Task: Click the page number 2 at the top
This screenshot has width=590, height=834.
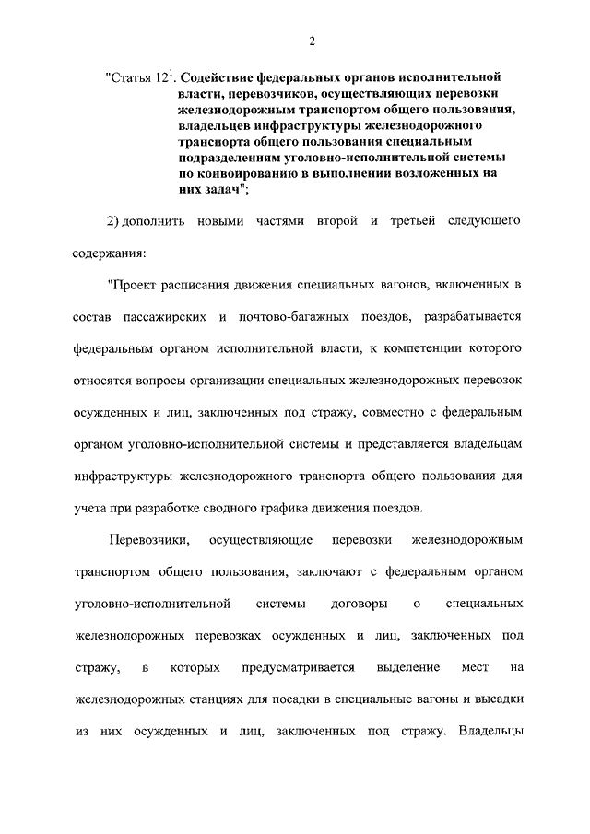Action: click(313, 41)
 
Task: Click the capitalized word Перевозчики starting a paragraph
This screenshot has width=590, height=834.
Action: click(148, 540)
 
